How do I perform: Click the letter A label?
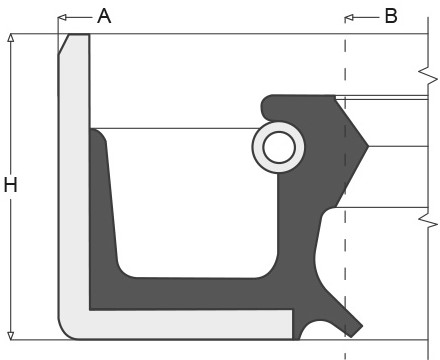coord(104,16)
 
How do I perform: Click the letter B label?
coord(391,16)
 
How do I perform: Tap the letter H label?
coord(10,185)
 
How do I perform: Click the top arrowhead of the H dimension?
coord(11,38)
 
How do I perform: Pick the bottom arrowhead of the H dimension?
coord(11,336)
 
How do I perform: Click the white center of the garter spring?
coord(279,147)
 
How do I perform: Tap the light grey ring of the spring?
coord(257,147)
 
